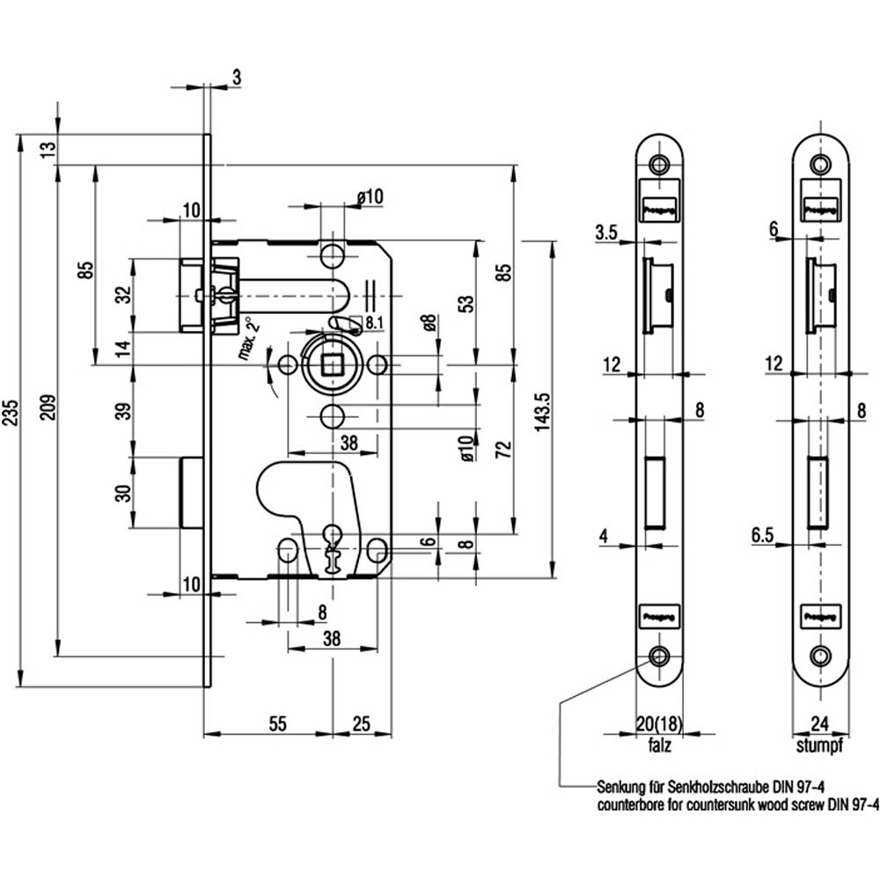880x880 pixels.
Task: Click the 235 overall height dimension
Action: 10,409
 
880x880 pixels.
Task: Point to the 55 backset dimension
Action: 277,723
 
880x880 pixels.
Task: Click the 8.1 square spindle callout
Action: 372,322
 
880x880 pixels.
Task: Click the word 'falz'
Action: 659,746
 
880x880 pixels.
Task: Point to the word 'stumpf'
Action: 820,746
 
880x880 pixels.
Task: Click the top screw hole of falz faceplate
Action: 659,165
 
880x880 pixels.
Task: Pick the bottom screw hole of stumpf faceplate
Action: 820,655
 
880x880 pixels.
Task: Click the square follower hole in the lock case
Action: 333,363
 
